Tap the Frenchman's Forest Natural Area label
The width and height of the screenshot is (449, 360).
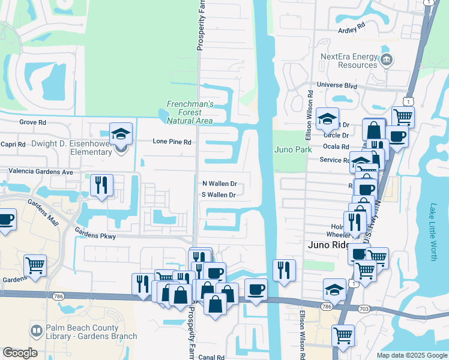pyautogui.click(x=190, y=112)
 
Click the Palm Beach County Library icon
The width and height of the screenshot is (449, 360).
pyautogui.click(x=37, y=331)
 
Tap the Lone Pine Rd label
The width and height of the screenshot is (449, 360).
pyautogui.click(x=172, y=142)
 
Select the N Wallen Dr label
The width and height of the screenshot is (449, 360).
pyautogui.click(x=219, y=184)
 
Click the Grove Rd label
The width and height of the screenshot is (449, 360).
pyautogui.click(x=32, y=122)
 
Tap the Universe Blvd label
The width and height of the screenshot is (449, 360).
pyautogui.click(x=337, y=85)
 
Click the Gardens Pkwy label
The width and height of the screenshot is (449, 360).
pyautogui.click(x=95, y=236)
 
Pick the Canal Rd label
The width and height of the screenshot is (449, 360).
pyautogui.click(x=212, y=357)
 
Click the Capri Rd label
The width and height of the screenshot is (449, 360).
pyautogui.click(x=13, y=144)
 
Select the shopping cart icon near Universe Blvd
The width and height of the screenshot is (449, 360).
pyautogui.click(x=403, y=116)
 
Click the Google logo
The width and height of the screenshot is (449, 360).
pyautogui.click(x=20, y=353)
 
